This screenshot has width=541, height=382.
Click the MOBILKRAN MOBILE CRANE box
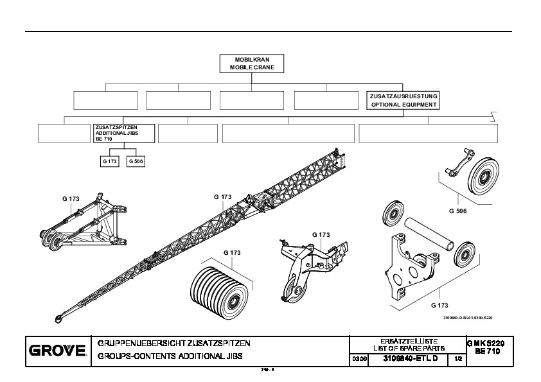tap(252, 63)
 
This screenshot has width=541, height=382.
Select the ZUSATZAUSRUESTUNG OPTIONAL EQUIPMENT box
tap(403, 100)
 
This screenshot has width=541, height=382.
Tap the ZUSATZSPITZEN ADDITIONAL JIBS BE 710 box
tap(125, 132)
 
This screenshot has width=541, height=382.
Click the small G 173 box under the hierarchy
tap(109, 162)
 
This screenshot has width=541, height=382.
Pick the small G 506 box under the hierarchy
tap(136, 162)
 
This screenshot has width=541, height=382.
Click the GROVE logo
tap(57, 351)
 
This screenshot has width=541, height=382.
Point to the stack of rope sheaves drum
tap(219, 287)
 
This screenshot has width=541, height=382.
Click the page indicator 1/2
tap(458, 358)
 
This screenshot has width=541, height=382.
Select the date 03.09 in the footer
tap(359, 358)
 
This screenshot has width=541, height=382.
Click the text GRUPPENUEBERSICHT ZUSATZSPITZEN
tap(173, 343)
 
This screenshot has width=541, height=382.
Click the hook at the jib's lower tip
tap(59, 318)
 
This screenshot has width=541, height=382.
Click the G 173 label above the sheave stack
tap(232, 253)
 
